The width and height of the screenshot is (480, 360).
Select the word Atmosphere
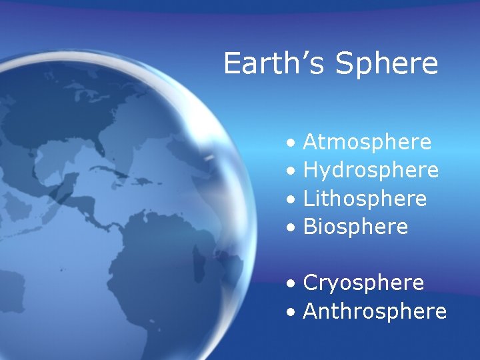(x=367, y=142)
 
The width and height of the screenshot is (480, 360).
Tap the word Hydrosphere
(x=371, y=171)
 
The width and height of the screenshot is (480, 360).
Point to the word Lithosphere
(x=365, y=199)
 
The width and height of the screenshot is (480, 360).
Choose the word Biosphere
(x=355, y=227)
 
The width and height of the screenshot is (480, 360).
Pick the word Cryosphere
(x=363, y=283)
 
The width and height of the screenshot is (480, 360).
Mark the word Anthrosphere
(x=375, y=311)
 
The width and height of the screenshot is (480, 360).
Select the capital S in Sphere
(x=345, y=64)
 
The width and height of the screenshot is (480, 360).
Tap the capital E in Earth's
(x=232, y=64)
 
